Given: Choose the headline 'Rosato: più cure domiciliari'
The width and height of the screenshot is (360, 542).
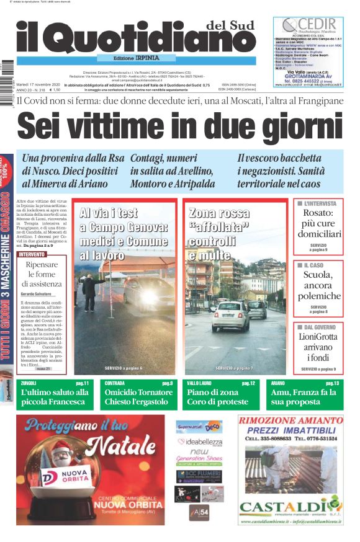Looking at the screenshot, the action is pos(318,224).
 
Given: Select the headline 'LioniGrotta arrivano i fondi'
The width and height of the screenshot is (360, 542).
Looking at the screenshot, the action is pos(318,347).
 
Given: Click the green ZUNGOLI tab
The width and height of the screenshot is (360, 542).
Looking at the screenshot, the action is pos(29,384).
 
